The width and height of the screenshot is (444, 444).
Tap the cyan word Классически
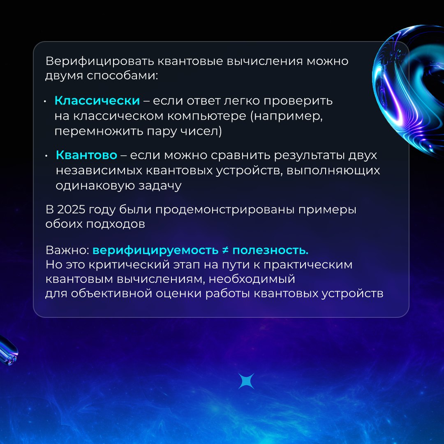(x=97, y=101)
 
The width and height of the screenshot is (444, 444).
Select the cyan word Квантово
(x=86, y=155)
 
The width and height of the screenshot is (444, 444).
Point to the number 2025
(x=71, y=210)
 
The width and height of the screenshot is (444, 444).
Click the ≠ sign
(x=225, y=250)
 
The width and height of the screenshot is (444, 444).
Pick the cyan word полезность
(x=271, y=250)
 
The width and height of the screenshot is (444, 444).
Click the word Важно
(x=67, y=250)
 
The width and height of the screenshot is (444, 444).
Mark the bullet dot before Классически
(x=45, y=102)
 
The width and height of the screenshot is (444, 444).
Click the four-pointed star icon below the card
(x=246, y=381)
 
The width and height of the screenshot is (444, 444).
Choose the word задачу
(x=160, y=186)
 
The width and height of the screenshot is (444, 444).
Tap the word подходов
(x=116, y=224)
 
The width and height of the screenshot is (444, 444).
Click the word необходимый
(x=252, y=279)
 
